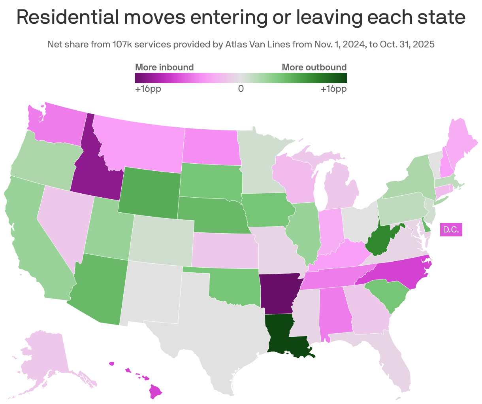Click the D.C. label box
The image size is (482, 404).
pyautogui.click(x=451, y=230)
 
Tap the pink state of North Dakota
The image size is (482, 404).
pyautogui.click(x=212, y=146)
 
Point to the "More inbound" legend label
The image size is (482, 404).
pyautogui.click(x=164, y=67)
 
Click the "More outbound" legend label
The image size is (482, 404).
pyautogui.click(x=314, y=67)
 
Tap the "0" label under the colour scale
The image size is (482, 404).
pyautogui.click(x=241, y=89)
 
